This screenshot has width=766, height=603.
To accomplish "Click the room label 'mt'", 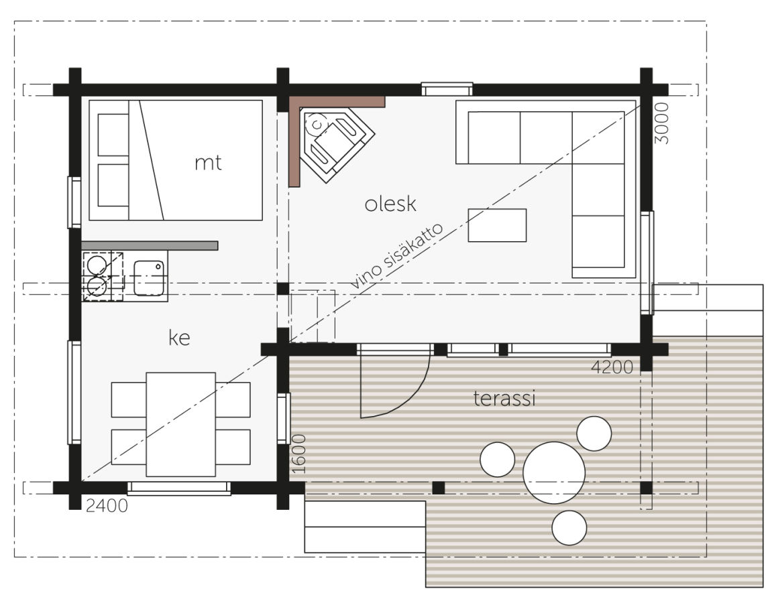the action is point(208,163).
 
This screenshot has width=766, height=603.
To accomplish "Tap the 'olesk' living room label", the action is point(390,204).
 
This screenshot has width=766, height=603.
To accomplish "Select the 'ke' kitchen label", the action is point(179,337).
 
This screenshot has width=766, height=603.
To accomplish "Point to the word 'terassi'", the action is point(504,398).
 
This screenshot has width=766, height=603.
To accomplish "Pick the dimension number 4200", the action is point(612,367).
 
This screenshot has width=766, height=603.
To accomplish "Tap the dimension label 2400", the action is point(107,506).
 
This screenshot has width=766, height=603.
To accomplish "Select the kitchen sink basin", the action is point(149,278).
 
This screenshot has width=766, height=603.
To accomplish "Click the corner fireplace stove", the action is point(337,144).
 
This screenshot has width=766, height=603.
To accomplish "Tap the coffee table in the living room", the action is point(497,225).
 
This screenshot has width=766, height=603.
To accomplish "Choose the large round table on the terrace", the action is point(554,472).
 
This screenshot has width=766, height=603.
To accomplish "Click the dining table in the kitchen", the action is point(180,424).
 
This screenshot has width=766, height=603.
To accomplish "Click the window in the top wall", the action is point(447,89).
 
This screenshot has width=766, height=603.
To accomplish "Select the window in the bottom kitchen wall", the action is point(179,488).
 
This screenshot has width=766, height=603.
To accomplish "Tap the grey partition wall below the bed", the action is point(150,245).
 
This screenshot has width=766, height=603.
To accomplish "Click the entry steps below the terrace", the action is point(365,527).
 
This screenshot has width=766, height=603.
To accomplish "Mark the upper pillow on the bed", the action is point(113,135).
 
